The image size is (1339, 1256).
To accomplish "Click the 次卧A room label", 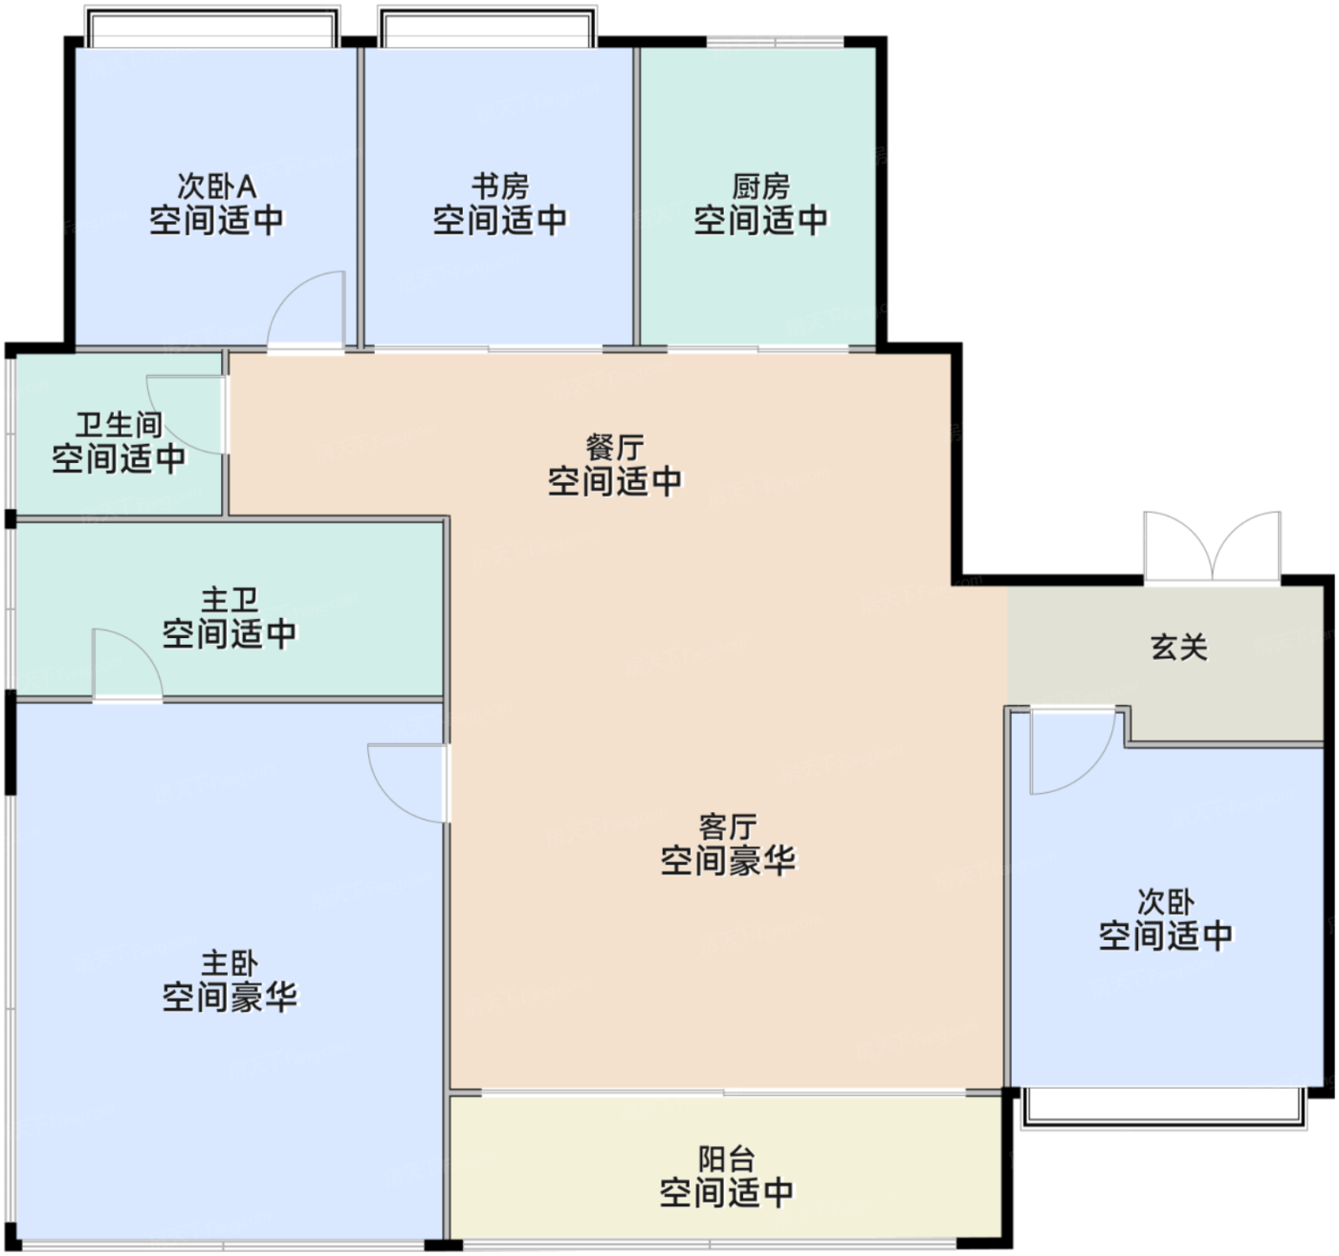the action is pyautogui.click(x=216, y=187).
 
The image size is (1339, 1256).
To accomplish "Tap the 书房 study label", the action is pyautogui.click(x=499, y=187).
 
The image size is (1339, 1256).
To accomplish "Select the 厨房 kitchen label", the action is pyautogui.click(x=760, y=187).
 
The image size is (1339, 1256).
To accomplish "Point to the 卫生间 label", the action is pyautogui.click(x=119, y=425).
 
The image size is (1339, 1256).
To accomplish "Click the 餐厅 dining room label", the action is pyautogui.click(x=614, y=448).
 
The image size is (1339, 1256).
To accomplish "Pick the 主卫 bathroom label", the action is pyautogui.click(x=230, y=600).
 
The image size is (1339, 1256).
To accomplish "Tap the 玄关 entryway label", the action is pyautogui.click(x=1178, y=648).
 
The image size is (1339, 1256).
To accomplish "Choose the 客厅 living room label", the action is pyautogui.click(x=728, y=827).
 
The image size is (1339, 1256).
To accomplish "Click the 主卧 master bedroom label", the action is pyautogui.click(x=230, y=963).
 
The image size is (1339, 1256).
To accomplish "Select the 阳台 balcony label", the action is pyautogui.click(x=726, y=1158).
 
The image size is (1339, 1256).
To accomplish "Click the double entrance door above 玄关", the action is pyautogui.click(x=1212, y=546).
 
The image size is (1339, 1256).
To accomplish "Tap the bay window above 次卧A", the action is pyautogui.click(x=212, y=27).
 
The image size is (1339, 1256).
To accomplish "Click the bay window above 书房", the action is pyautogui.click(x=488, y=27).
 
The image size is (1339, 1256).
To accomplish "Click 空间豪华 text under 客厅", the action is pyautogui.click(x=728, y=861).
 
